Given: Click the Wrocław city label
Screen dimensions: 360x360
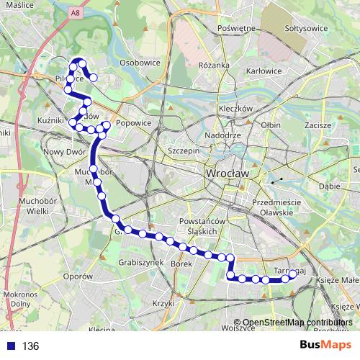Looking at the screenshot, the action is (227, 174).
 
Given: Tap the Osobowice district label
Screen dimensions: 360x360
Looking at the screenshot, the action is (140, 63).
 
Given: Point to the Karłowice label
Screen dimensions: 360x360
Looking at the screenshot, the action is (263, 71).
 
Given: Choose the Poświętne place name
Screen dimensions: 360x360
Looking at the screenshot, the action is (236, 29).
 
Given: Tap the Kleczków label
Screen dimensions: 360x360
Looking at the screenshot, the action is (237, 109).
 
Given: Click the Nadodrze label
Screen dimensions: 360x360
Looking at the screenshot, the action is (222, 135).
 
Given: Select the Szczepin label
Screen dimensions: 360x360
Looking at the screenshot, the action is (183, 151).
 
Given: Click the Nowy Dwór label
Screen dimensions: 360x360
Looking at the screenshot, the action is (65, 151).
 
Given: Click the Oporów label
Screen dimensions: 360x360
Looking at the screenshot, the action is (78, 276).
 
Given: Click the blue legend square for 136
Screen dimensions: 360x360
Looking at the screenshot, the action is (9, 346).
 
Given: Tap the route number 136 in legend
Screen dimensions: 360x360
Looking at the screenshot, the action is (30, 346).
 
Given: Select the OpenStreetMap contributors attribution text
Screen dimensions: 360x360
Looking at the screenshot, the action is (297, 323).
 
